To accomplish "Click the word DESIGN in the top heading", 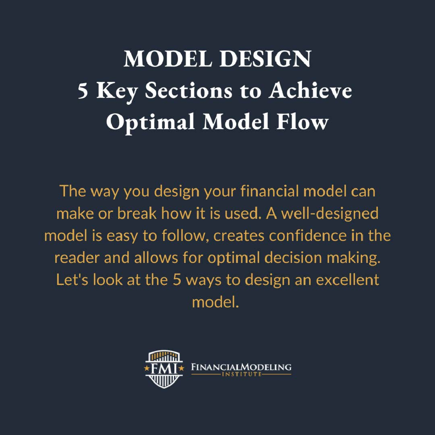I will click(x=265, y=59).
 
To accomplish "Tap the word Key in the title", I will click(x=117, y=91).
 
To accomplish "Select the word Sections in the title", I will click(x=188, y=91).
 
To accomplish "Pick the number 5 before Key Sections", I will click(x=83, y=91).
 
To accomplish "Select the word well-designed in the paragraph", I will click(x=330, y=214).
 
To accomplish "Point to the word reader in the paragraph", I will click(x=77, y=258).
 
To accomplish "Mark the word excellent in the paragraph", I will click(x=347, y=280).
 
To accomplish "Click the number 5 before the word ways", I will click(x=177, y=280).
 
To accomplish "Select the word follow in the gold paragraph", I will click(x=183, y=236).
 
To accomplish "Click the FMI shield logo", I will click(x=164, y=369).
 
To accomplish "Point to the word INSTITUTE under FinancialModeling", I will click(x=241, y=374).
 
